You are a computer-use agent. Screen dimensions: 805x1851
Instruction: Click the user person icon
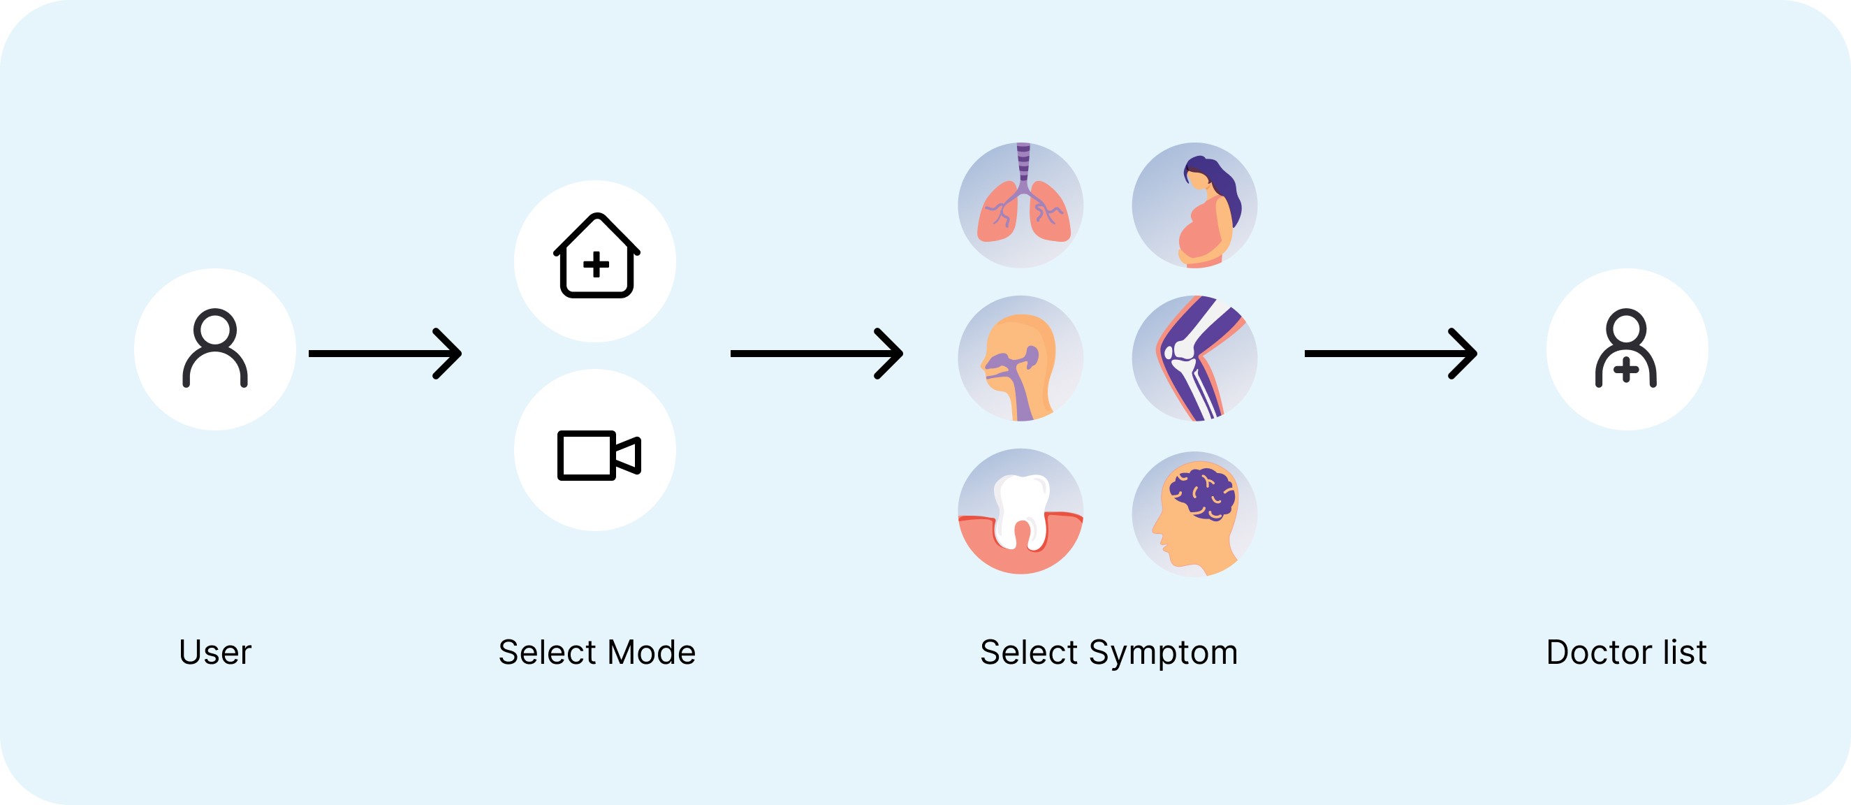tap(215, 349)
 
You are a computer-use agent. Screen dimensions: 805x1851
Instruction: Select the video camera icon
tap(598, 454)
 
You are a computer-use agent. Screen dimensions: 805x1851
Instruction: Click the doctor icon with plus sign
tap(1626, 349)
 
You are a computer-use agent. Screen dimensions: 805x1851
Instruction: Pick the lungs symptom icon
tap(1020, 205)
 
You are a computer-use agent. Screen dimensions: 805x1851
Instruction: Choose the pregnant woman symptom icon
tap(1194, 205)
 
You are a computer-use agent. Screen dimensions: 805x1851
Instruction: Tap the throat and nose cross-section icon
tap(1020, 358)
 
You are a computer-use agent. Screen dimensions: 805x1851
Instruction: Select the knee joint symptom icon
tap(1194, 358)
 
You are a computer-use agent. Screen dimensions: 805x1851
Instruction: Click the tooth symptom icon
tap(1020, 512)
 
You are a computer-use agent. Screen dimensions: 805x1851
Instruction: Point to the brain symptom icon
tap(1194, 513)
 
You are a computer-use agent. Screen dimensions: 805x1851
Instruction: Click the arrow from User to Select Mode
tap(385, 354)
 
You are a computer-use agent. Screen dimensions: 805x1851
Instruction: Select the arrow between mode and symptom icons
tap(817, 354)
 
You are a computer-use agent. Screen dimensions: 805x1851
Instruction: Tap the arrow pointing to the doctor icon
tap(1391, 354)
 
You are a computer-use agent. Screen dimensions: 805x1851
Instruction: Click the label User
tap(215, 653)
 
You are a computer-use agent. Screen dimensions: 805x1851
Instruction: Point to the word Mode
tap(651, 653)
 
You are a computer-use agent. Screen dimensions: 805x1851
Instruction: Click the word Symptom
tap(1162, 653)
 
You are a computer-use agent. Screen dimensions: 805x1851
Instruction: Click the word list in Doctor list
tap(1684, 653)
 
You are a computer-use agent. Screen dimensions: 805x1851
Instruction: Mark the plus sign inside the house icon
tap(596, 265)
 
